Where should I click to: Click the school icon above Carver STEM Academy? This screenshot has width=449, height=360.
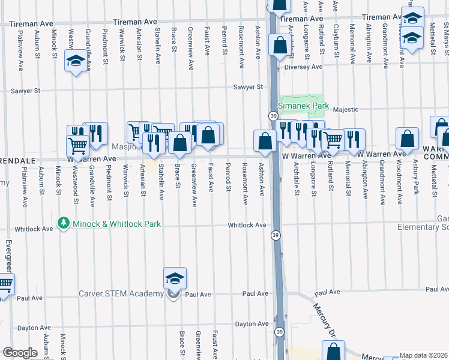175,279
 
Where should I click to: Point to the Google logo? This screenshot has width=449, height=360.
19,353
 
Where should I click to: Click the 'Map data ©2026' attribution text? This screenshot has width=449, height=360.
424,355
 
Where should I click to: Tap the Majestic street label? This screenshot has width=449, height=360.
346,109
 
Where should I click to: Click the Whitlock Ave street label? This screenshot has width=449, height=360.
246,226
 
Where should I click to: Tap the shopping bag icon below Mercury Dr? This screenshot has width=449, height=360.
333,352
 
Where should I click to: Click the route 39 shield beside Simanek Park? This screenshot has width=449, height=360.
273,115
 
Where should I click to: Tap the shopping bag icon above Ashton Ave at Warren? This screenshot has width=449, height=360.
265,141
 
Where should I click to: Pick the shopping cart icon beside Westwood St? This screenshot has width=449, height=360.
77,145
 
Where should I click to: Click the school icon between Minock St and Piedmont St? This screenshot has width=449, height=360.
76,61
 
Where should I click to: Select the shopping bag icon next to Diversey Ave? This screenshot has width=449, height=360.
280,45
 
